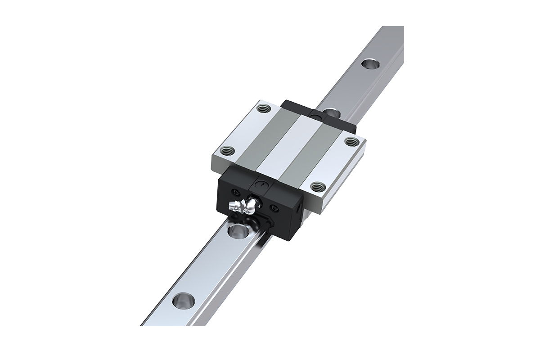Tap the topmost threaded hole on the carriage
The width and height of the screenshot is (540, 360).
[262, 108]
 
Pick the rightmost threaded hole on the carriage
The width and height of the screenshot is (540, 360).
[350, 142]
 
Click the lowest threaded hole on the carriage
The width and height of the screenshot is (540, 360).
[318, 185]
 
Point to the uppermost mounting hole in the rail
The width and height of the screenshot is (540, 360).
[370, 63]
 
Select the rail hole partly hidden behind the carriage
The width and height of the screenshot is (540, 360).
[332, 111]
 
